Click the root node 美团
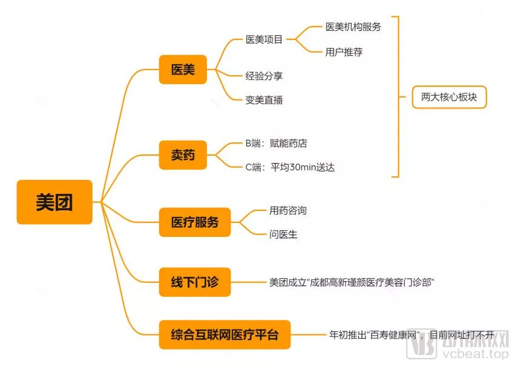point(54,202)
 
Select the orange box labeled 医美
point(183,70)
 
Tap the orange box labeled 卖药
point(183,155)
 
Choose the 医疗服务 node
point(195,222)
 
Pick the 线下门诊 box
point(195,282)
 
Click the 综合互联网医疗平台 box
point(225,334)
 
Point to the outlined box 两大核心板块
point(449,97)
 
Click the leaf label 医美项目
point(264,39)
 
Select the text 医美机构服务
point(353,27)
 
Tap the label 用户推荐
point(344,52)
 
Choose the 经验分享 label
point(264,76)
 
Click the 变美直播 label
point(264,100)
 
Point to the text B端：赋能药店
point(276,143)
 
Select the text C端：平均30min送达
point(290,167)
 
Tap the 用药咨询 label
point(288,210)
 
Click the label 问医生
point(283,234)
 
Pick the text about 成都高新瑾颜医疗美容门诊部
point(352,282)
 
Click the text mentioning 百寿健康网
point(412,334)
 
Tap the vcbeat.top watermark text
point(475,354)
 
